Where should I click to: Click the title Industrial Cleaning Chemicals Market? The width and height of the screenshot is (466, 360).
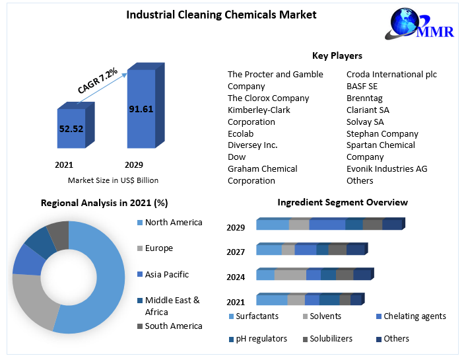coord(221,15)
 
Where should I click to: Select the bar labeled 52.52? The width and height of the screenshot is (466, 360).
coord(71,129)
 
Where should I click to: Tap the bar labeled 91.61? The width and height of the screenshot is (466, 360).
coord(141,109)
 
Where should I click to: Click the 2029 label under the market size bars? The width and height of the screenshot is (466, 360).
coord(134,164)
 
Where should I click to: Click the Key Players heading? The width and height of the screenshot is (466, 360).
coord(337,55)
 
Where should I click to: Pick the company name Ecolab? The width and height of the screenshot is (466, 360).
coord(241,133)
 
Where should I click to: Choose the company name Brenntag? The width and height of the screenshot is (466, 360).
coord(364,98)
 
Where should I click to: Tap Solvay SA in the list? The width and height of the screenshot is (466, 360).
coord(365,122)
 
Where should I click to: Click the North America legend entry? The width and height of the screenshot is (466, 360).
coord(173,223)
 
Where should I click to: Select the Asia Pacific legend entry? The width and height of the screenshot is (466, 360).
coord(166,274)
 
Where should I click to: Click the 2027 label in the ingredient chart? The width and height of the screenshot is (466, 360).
coord(236,252)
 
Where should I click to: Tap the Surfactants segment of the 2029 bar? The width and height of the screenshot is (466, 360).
coord(272,225)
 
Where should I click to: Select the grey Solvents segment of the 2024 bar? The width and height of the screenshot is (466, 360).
coord(290,275)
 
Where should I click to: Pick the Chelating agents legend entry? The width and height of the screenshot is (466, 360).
coord(415,316)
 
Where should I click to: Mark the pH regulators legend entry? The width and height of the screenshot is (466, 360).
coord(261,339)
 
